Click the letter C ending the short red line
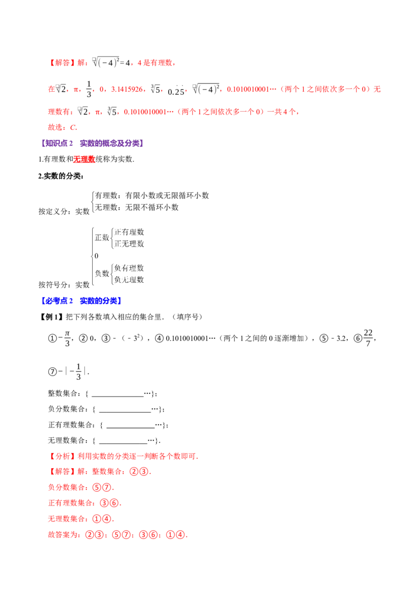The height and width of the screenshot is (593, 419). click(x=74, y=127)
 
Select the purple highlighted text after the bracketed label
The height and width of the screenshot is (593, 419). click(x=112, y=144)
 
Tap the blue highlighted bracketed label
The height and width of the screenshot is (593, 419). click(x=58, y=301)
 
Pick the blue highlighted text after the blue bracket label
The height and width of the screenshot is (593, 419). click(x=101, y=301)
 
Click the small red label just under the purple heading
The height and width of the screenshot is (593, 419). click(x=84, y=160)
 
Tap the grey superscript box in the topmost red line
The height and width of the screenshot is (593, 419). click(x=92, y=59)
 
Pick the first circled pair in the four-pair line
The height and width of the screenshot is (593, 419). click(x=94, y=535)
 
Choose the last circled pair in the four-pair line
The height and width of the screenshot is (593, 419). click(x=178, y=535)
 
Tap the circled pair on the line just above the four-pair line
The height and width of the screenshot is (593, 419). click(x=102, y=519)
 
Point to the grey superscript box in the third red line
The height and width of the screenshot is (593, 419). click(x=80, y=109)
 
